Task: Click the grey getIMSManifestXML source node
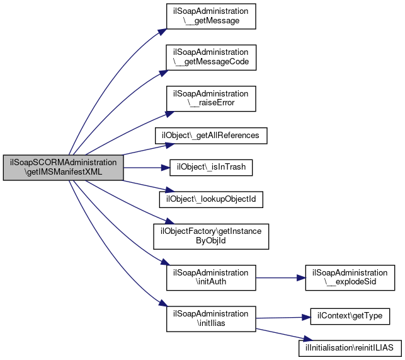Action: click(63, 168)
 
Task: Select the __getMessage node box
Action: click(211, 16)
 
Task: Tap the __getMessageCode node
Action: click(211, 57)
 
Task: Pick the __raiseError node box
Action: click(211, 99)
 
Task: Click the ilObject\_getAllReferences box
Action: click(211, 136)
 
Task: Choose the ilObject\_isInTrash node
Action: click(211, 168)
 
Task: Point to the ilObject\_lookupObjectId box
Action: click(211, 199)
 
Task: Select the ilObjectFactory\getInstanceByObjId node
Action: click(211, 236)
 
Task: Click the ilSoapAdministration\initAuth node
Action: click(211, 278)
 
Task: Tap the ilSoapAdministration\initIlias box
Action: click(211, 319)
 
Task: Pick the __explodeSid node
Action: click(350, 278)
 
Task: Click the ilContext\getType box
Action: click(350, 316)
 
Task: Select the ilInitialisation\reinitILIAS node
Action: click(350, 348)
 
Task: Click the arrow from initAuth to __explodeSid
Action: click(281, 278)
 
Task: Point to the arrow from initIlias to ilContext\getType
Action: click(283, 318)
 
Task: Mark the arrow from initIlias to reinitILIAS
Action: click(284, 335)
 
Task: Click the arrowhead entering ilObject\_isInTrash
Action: click(166, 168)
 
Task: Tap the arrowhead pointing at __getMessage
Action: click(163, 32)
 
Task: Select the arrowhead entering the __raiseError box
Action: click(169, 114)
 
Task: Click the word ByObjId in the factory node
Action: click(211, 241)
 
